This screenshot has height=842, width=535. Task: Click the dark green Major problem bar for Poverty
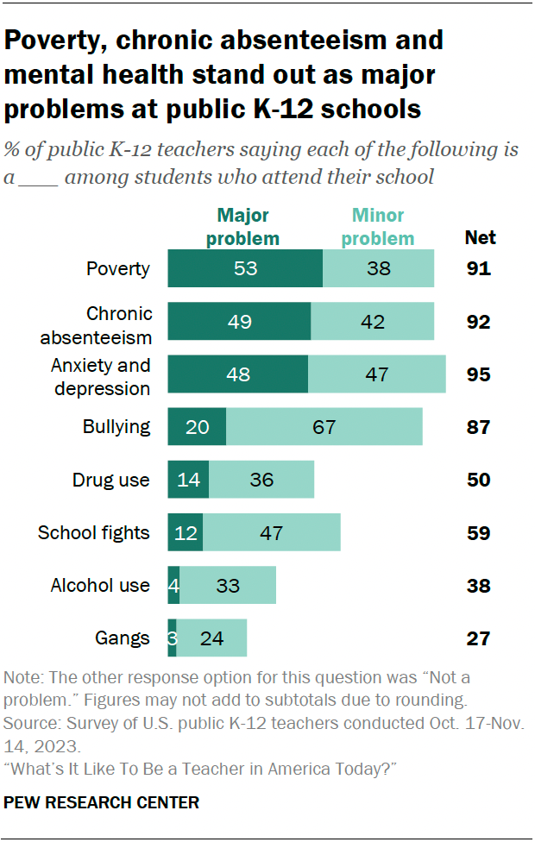[x=245, y=268]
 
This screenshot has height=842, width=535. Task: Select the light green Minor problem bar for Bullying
[x=324, y=427]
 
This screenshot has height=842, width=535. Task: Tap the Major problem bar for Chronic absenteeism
[x=239, y=322]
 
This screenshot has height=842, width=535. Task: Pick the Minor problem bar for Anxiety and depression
[x=377, y=374]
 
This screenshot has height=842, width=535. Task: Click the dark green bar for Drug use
[x=188, y=480]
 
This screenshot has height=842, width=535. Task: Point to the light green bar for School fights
[x=272, y=533]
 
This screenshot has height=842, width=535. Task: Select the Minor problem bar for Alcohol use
[x=228, y=586]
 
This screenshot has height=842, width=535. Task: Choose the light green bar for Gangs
[x=211, y=638]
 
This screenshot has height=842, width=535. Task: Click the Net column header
[x=481, y=237]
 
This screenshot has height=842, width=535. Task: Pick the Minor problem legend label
[x=377, y=227]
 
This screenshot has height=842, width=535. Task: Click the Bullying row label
[x=116, y=427]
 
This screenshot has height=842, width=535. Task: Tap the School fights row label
[x=94, y=533]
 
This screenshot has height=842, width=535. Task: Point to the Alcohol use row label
[x=100, y=586]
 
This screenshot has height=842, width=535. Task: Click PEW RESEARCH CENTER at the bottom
[x=102, y=802]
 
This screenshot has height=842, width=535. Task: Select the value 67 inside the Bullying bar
[x=324, y=427]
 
